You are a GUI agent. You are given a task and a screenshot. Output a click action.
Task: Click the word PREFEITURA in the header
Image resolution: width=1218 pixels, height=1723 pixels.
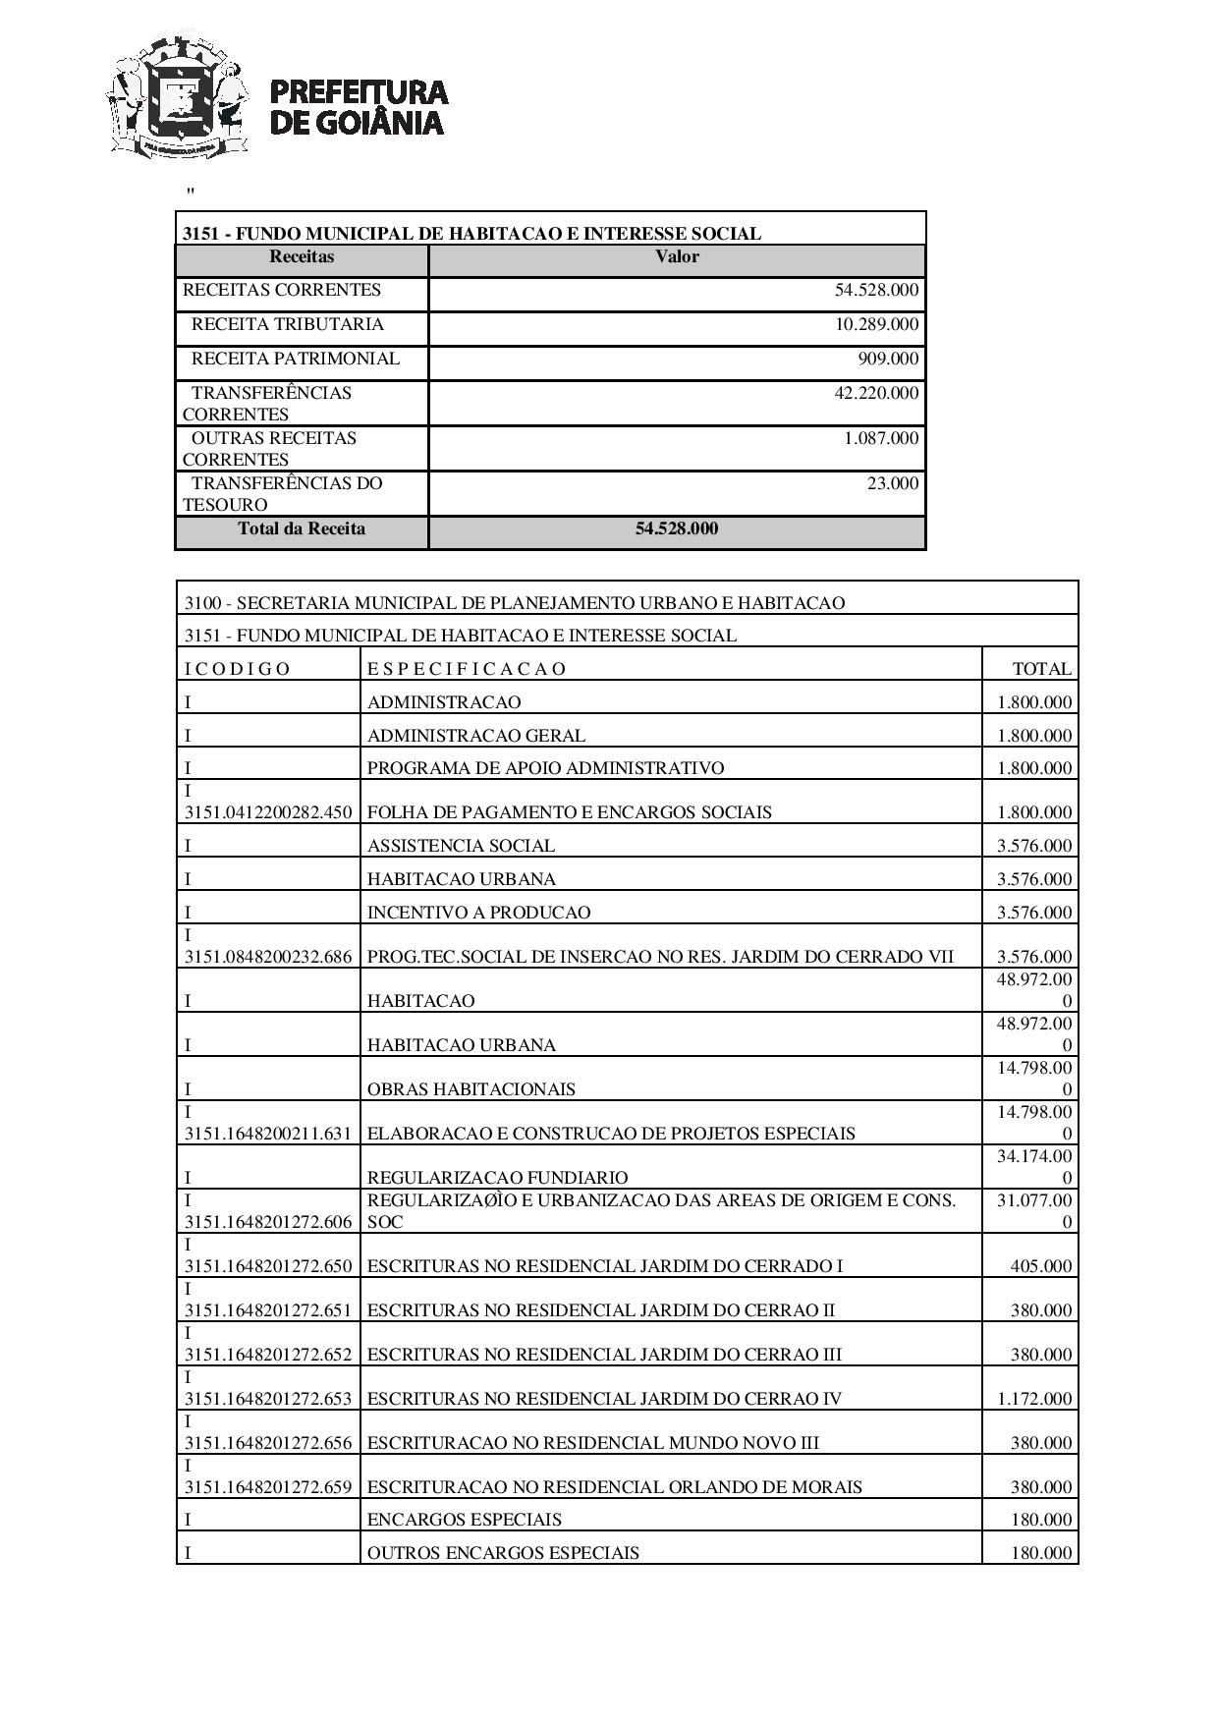click(x=358, y=92)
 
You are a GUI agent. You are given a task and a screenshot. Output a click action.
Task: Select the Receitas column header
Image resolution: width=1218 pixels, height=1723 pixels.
click(x=302, y=257)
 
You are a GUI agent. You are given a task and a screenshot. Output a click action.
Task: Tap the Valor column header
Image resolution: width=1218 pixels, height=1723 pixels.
click(x=677, y=257)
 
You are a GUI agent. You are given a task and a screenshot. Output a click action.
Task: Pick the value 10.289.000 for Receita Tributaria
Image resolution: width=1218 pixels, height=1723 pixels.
click(x=876, y=324)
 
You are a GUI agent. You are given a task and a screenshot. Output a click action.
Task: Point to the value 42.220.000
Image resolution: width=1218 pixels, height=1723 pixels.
click(x=876, y=393)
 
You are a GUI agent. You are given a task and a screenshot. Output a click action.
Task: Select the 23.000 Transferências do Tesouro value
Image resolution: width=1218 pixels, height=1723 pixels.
click(x=893, y=483)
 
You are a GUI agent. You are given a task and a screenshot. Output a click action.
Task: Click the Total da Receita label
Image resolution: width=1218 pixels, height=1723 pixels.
click(x=302, y=528)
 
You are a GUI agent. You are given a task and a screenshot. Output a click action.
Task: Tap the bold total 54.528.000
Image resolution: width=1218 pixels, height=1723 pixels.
click(x=677, y=528)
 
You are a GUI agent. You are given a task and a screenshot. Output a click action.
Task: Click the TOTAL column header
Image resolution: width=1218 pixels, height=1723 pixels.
click(x=1042, y=669)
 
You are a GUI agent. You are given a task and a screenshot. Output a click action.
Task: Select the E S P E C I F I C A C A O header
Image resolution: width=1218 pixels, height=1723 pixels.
click(x=467, y=669)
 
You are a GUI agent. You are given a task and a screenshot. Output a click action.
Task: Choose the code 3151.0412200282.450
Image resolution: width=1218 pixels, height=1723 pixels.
click(x=268, y=812)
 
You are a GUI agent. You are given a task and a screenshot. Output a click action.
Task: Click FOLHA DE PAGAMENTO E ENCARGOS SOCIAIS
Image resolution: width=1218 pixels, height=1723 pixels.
click(x=569, y=812)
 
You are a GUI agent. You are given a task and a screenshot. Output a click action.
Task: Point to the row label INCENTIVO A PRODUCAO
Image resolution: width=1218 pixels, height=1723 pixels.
click(x=478, y=913)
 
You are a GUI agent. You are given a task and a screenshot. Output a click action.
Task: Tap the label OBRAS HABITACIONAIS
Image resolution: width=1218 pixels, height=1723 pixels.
click(x=471, y=1089)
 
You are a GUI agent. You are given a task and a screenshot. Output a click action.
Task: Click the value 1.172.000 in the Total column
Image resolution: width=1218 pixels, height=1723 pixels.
click(x=1034, y=1399)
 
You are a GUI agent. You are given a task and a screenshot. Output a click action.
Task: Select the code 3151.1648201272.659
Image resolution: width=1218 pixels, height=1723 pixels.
click(x=268, y=1487)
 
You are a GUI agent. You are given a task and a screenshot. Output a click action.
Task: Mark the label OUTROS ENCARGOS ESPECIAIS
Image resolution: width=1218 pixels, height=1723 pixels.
click(x=503, y=1553)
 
